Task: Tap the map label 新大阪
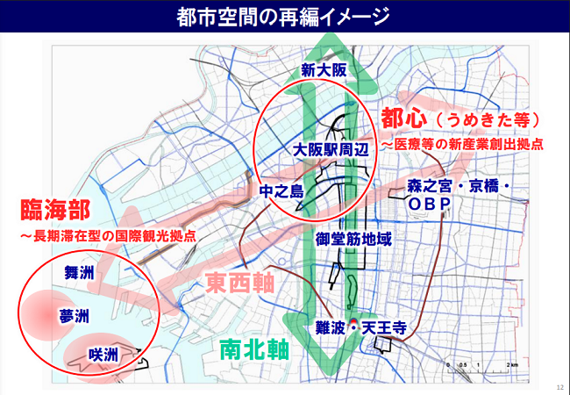[x=324, y=71]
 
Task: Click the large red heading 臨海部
[x=54, y=212]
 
